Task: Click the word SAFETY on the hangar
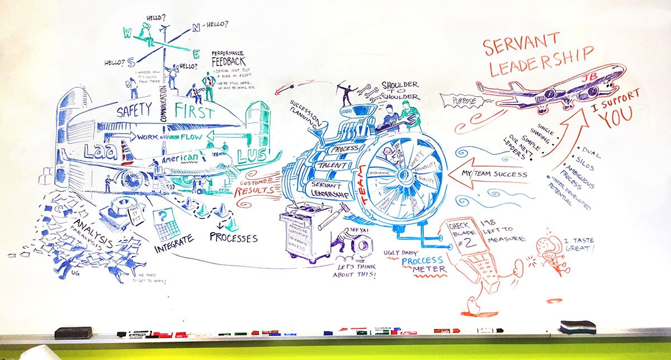135,111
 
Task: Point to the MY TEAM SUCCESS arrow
492,174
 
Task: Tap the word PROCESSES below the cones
234,237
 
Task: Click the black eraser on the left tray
73,333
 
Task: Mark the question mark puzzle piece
162,215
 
